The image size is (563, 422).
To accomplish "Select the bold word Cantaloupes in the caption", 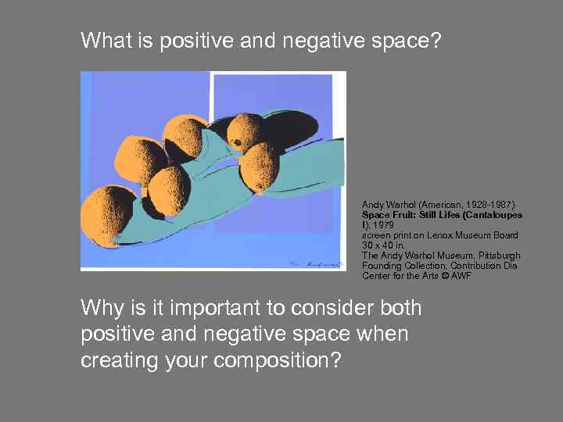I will click(495, 214).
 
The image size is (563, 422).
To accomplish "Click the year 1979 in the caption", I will click(383, 224).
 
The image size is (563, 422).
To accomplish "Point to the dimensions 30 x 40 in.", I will click(384, 245).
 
